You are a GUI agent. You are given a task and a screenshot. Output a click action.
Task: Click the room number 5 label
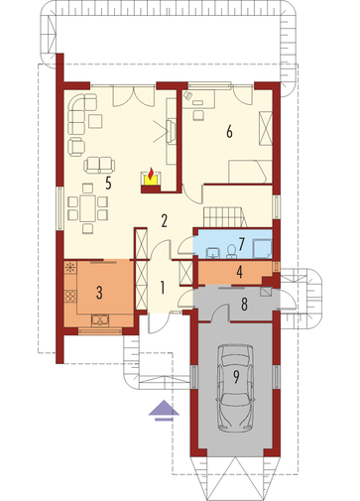(x=108, y=183)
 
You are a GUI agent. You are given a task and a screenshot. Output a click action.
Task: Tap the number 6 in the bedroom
(x=229, y=132)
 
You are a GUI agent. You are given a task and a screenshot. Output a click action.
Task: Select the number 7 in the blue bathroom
(x=241, y=244)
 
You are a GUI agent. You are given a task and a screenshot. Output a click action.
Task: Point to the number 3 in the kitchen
(x=99, y=293)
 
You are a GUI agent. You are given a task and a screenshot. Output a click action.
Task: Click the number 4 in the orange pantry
(x=240, y=272)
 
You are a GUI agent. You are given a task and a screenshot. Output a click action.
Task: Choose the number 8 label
(x=244, y=305)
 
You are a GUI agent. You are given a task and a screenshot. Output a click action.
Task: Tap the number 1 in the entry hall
(x=162, y=288)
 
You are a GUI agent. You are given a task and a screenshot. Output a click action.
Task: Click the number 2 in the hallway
(x=164, y=221)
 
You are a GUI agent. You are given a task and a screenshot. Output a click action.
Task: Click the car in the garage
(x=236, y=388)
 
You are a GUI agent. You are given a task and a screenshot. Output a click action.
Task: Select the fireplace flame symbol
(x=151, y=174)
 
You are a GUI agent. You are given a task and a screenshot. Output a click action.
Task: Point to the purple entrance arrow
(x=164, y=411)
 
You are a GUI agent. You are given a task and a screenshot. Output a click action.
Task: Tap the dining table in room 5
(x=87, y=208)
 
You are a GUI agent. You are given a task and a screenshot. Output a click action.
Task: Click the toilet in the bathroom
(x=231, y=251)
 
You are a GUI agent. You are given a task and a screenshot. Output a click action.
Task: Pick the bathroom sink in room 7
(x=213, y=252)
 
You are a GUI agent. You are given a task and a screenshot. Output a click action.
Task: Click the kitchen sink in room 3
(x=100, y=319)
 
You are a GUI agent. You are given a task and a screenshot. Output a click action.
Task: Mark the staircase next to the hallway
(x=225, y=217)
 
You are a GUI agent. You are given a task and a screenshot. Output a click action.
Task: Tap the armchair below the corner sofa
(x=76, y=147)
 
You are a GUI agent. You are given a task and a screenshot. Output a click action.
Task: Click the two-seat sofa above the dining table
(x=99, y=165)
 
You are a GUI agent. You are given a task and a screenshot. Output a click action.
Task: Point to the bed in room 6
(x=250, y=172)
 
